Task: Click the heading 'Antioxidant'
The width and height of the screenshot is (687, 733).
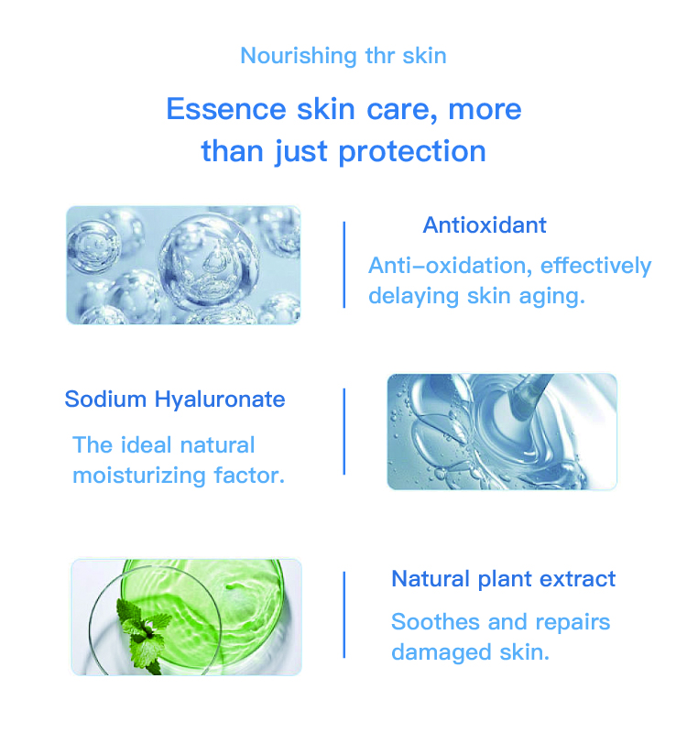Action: [x=485, y=224]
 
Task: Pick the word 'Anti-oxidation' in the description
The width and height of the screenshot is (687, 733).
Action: [x=449, y=266]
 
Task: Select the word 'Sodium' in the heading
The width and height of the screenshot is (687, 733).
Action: [x=105, y=400]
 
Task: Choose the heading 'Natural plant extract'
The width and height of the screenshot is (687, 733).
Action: [x=503, y=579]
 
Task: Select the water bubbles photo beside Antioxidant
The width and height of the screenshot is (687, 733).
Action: [x=183, y=265]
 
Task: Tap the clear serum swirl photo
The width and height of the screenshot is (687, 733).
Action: [x=501, y=431]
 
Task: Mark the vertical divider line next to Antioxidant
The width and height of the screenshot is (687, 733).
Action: [x=343, y=264]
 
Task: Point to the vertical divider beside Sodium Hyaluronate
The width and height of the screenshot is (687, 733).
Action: [x=343, y=431]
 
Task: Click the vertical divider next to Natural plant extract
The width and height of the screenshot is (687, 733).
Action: [x=343, y=614]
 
